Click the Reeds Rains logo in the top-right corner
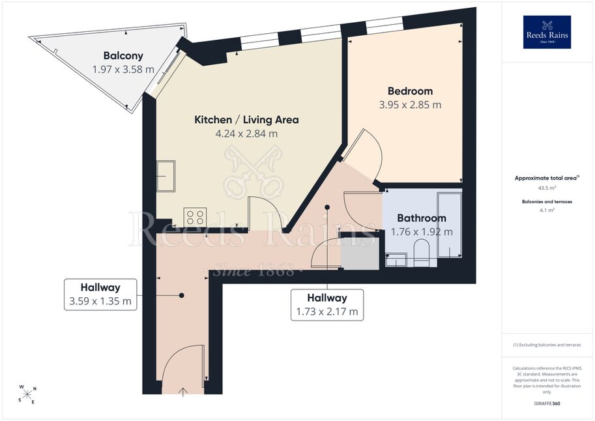coord(547,32)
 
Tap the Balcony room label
coord(123,56)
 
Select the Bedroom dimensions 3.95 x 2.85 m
coord(410,105)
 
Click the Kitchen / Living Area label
coord(246,120)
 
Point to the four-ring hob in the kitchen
coord(195,217)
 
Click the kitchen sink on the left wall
coord(166,176)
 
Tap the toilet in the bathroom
coord(421,252)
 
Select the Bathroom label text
coord(422,218)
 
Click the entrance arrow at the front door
coord(183,392)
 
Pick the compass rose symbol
coord(27,394)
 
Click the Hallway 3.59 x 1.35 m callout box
coord(100,295)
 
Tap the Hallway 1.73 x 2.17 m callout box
coord(327,305)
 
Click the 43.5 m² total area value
coord(547,188)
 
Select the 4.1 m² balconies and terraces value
coord(547,210)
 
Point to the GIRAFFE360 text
coord(547,403)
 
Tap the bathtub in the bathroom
coord(449,225)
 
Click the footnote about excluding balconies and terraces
coord(547,345)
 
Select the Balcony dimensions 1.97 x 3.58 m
coord(123,70)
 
